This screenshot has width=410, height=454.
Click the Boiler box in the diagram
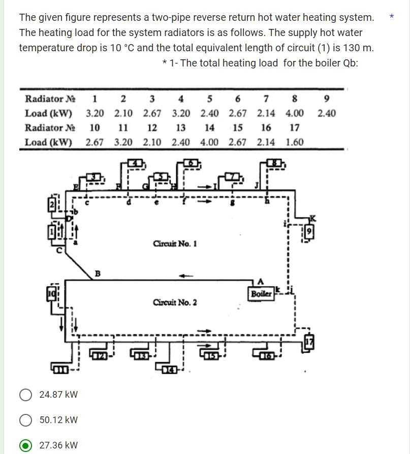[261, 293]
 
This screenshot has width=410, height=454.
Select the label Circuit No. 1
[175, 244]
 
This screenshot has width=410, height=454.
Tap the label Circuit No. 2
[175, 303]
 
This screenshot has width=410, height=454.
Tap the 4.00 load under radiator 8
[295, 113]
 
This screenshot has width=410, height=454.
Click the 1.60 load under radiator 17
[295, 142]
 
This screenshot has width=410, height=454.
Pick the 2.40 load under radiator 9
[327, 113]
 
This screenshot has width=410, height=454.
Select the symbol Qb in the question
[351, 63]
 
